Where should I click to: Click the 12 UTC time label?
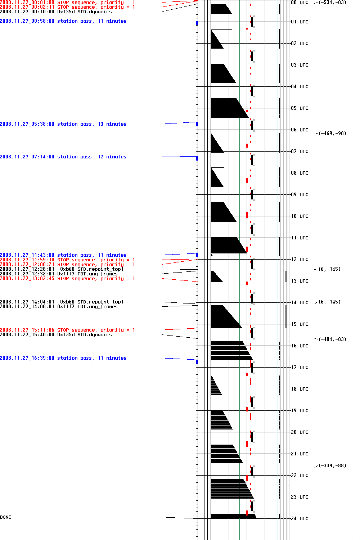coord(300,260)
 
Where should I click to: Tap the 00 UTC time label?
coord(300,3)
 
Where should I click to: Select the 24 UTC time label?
coord(300,519)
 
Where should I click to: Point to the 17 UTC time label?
coord(300,368)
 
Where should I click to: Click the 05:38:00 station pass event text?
coord(63,124)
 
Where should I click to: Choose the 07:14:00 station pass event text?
coord(63,157)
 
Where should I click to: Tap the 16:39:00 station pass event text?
coord(63,358)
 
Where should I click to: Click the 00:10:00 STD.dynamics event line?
coord(56,12)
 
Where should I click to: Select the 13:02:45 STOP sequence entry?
coord(67,279)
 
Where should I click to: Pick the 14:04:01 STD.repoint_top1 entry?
coord(62,302)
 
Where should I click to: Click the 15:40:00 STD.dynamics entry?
coord(56,335)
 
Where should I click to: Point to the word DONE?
coord(6,517)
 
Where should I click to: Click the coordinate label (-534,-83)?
coord(332,3)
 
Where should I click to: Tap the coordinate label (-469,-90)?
coord(332,134)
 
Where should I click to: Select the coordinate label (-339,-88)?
coord(332,466)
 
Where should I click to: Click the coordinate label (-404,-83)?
coord(332,339)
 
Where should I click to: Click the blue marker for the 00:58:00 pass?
coord(197,23)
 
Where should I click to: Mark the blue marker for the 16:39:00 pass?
coord(197,361)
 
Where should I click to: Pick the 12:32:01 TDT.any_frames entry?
coord(59,274)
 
